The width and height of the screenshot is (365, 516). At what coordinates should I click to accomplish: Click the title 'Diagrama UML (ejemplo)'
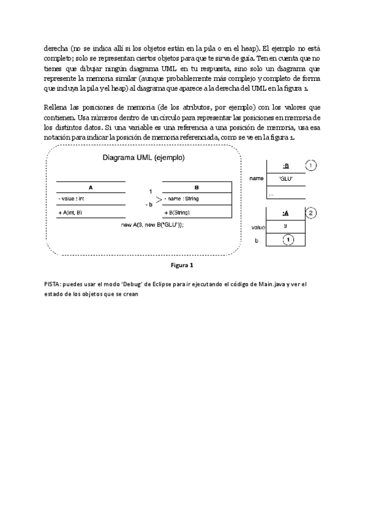click(x=144, y=158)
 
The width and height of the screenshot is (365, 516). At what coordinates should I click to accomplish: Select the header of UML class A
click(x=91, y=187)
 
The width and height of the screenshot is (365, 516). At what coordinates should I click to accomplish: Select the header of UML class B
click(x=196, y=187)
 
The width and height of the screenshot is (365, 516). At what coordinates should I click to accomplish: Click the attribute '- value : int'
click(x=72, y=198)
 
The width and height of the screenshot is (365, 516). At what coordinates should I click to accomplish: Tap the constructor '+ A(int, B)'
click(x=71, y=212)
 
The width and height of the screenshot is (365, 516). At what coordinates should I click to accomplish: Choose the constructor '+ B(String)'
click(x=178, y=212)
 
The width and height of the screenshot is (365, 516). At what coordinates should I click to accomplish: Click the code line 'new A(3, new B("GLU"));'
click(x=152, y=225)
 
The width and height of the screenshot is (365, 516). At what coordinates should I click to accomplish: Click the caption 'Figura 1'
click(x=182, y=266)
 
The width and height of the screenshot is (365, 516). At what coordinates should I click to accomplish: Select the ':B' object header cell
click(x=286, y=166)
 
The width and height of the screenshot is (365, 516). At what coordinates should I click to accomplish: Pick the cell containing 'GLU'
click(x=286, y=179)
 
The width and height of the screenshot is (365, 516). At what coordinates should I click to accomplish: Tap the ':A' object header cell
click(x=286, y=214)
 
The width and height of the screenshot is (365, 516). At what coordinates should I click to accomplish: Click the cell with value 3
click(x=286, y=226)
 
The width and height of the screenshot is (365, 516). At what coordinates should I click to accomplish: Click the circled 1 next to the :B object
click(x=311, y=166)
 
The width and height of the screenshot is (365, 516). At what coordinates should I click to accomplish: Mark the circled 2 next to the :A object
click(x=311, y=213)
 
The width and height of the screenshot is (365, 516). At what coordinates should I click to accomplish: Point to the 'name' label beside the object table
click(x=257, y=179)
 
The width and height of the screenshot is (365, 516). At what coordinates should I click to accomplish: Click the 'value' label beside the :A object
click(x=258, y=227)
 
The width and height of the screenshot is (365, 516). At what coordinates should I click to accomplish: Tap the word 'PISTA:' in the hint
click(x=53, y=284)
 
